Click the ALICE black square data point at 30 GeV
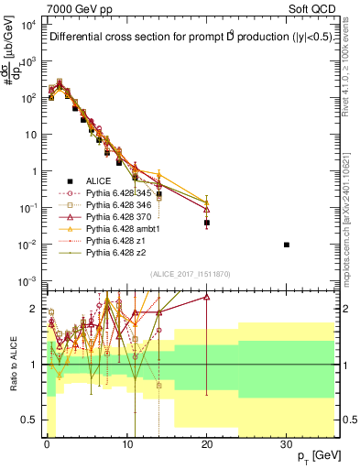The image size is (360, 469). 287,245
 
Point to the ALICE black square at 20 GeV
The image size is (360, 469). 207,223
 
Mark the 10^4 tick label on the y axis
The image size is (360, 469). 27,24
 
